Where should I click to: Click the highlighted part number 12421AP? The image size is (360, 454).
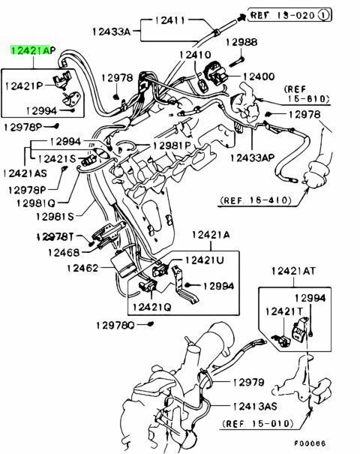point(33,50)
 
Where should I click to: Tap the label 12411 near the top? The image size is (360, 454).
point(169,20)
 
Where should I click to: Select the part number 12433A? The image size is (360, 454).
point(112,32)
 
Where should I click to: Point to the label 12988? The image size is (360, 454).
point(241,42)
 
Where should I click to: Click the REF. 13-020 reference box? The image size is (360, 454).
point(289,15)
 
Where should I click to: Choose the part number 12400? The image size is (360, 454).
point(259,77)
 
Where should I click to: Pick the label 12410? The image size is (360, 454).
point(195,55)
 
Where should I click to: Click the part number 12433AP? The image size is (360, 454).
point(252,158)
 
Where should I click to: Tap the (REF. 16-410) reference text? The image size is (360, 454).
point(256,200)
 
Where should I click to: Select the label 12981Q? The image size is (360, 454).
point(35,203)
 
